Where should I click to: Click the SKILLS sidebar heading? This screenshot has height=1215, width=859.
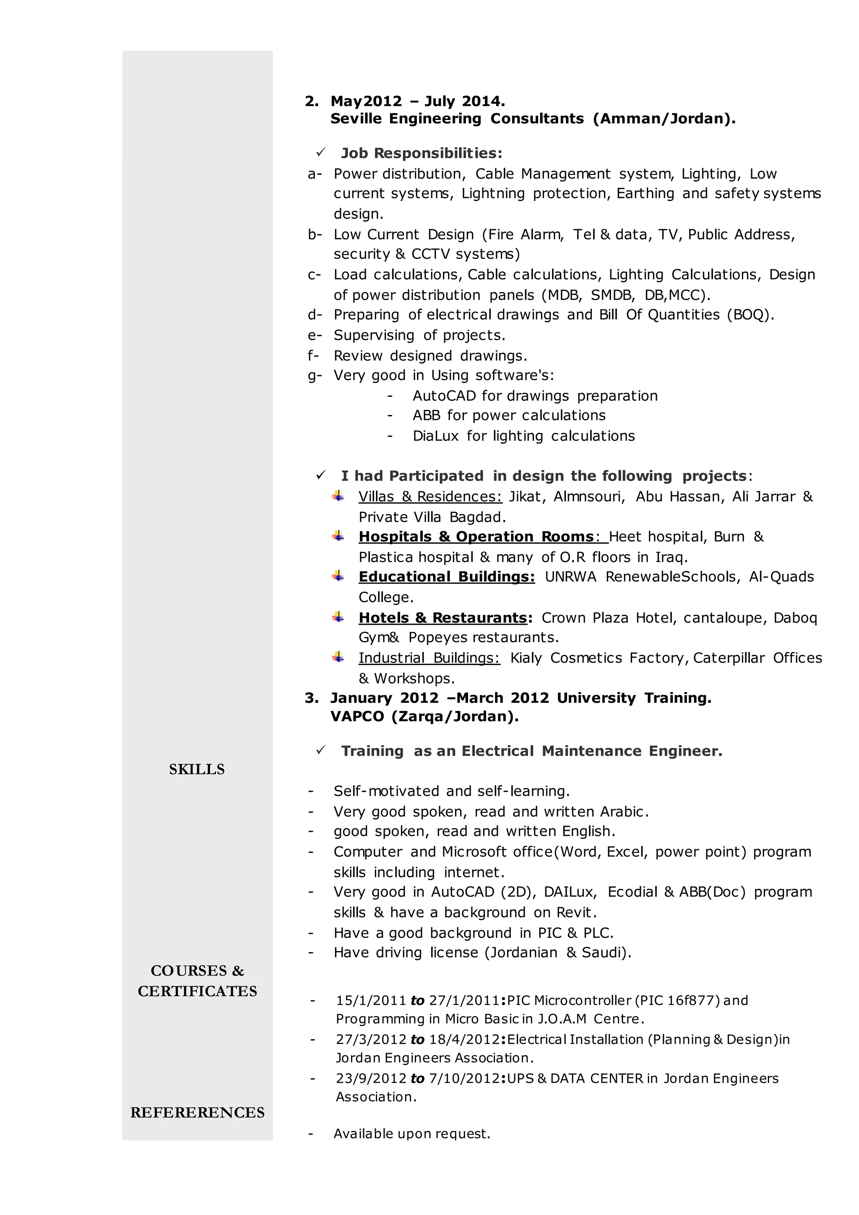[197, 769]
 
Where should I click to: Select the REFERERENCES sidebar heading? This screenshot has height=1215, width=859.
[197, 1112]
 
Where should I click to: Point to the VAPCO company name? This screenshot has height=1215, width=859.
[357, 717]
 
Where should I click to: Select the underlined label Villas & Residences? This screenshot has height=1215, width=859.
[430, 496]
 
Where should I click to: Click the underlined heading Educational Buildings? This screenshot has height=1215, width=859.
[446, 577]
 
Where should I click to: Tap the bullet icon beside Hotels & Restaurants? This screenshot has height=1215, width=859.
[338, 617]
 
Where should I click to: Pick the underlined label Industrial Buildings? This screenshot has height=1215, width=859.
[429, 658]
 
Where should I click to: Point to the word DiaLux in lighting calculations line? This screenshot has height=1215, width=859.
[435, 436]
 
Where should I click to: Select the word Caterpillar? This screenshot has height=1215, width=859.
[729, 658]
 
